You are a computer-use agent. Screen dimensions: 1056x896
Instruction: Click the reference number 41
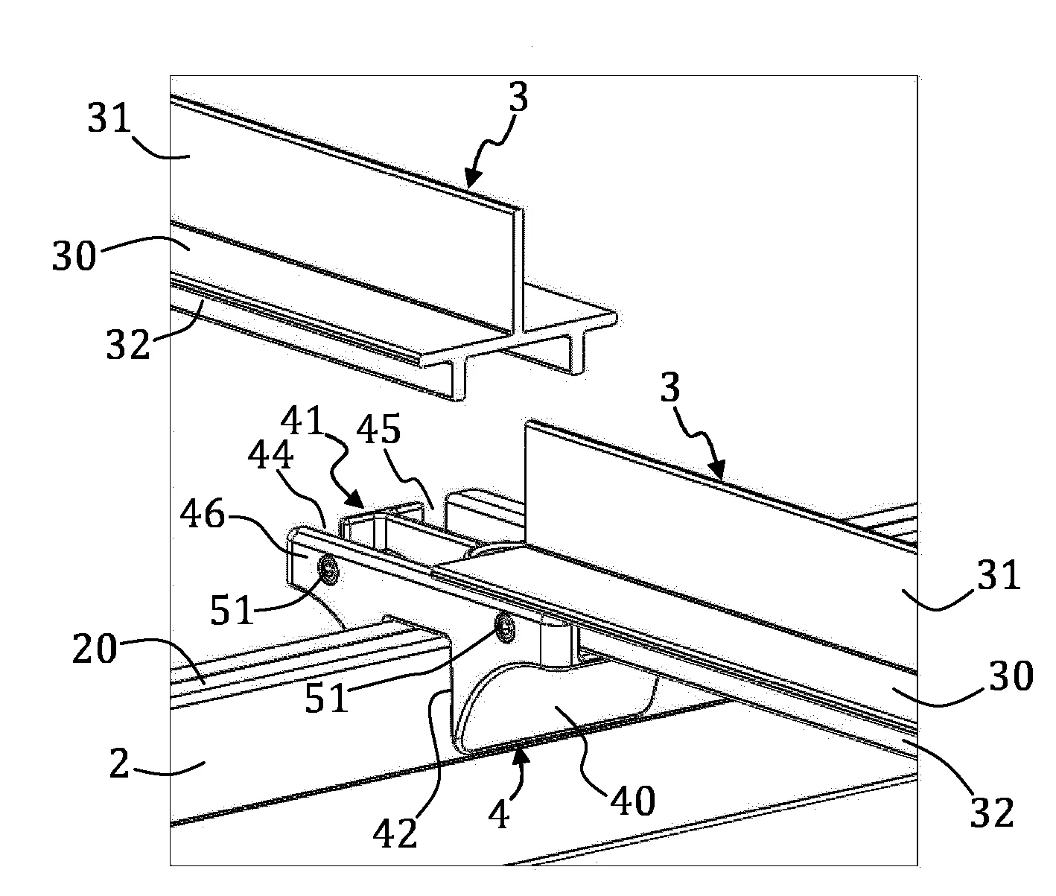(303, 421)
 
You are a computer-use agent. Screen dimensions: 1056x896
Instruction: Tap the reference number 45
(378, 429)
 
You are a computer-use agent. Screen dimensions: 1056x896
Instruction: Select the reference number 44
(270, 455)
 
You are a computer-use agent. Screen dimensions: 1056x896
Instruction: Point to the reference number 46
(203, 514)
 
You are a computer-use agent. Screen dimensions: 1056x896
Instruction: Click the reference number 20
(95, 649)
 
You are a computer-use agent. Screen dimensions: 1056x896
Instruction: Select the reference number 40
(632, 801)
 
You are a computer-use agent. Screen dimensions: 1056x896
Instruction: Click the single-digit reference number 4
(499, 816)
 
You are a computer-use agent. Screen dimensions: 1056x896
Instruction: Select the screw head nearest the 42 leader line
(503, 627)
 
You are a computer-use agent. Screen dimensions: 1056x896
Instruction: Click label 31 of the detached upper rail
(109, 118)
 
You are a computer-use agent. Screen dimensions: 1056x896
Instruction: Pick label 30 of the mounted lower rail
(1011, 676)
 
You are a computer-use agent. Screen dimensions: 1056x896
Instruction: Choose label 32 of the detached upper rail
(128, 345)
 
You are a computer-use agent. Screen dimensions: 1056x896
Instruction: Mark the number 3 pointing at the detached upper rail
(518, 96)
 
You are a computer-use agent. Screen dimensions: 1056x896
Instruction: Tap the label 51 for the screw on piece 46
(232, 610)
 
